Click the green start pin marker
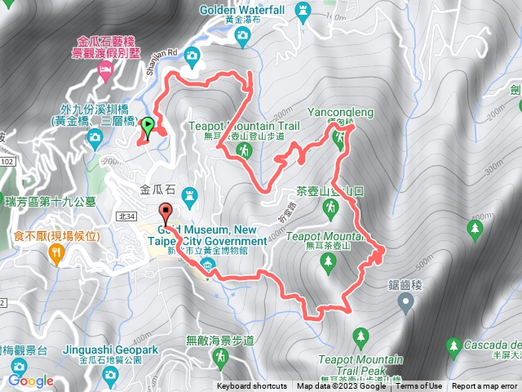click(148, 127)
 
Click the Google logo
click(31, 381)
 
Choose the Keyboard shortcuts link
click(252, 386)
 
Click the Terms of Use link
click(419, 386)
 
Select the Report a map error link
click(485, 386)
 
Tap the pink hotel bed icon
click(105, 73)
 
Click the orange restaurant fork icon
click(56, 255)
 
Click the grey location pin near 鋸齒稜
click(406, 305)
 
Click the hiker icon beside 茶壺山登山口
click(332, 212)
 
